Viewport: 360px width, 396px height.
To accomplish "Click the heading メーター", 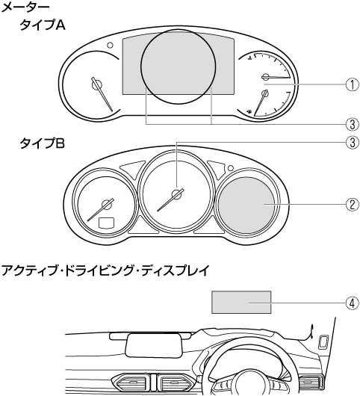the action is coord(25,7).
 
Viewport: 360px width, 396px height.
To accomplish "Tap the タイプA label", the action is coord(43,25).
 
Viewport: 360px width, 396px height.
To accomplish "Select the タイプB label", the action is coord(42,143).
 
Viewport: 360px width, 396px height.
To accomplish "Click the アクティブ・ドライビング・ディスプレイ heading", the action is coord(105,270).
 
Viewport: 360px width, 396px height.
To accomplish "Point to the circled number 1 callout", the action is coord(352,84).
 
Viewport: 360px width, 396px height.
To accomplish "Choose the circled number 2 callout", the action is coord(352,204).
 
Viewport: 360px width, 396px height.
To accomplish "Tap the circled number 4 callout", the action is coord(352,303).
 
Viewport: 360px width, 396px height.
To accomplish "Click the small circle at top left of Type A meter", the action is coord(110,45).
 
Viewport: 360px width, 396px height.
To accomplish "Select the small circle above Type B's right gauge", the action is coord(230,168).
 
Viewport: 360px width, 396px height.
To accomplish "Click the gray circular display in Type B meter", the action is coord(246,205).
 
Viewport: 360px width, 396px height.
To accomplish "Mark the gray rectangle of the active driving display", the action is coord(241,303).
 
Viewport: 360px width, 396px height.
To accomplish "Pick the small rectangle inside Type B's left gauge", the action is coord(107,222).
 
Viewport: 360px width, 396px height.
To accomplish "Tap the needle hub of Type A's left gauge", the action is coord(96,84).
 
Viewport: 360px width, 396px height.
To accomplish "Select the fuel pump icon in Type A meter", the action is coord(249,111).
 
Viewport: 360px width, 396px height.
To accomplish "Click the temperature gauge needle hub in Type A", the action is coord(266,76).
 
